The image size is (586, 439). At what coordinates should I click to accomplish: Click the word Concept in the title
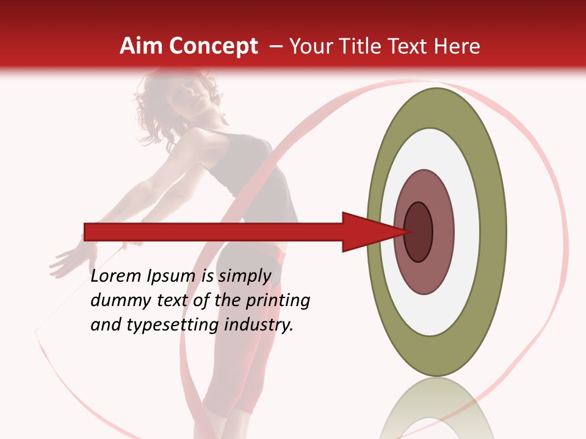click(214, 47)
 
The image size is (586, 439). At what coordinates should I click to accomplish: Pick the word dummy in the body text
click(117, 301)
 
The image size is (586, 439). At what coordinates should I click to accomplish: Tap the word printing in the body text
click(277, 301)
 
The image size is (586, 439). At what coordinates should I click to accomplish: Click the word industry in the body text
click(259, 325)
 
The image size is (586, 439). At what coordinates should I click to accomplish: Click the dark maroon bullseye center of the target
click(419, 232)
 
